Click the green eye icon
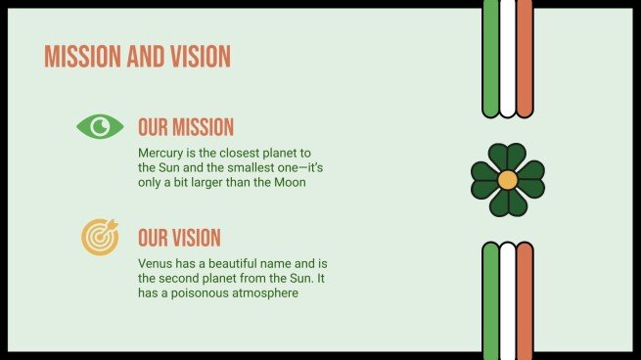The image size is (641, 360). pos(100,126)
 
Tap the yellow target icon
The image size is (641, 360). pos(100,237)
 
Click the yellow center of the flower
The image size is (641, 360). pos(507,180)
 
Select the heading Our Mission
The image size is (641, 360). pos(186,127)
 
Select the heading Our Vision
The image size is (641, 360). pos(179,238)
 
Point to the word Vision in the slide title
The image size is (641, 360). pos(196,57)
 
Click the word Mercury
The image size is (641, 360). pos(161,154)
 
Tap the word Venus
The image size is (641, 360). pos(157,264)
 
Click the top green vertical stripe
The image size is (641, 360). pos(490,57)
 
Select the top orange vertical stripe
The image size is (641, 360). pos(525,57)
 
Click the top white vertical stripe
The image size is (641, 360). pos(507,57)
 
